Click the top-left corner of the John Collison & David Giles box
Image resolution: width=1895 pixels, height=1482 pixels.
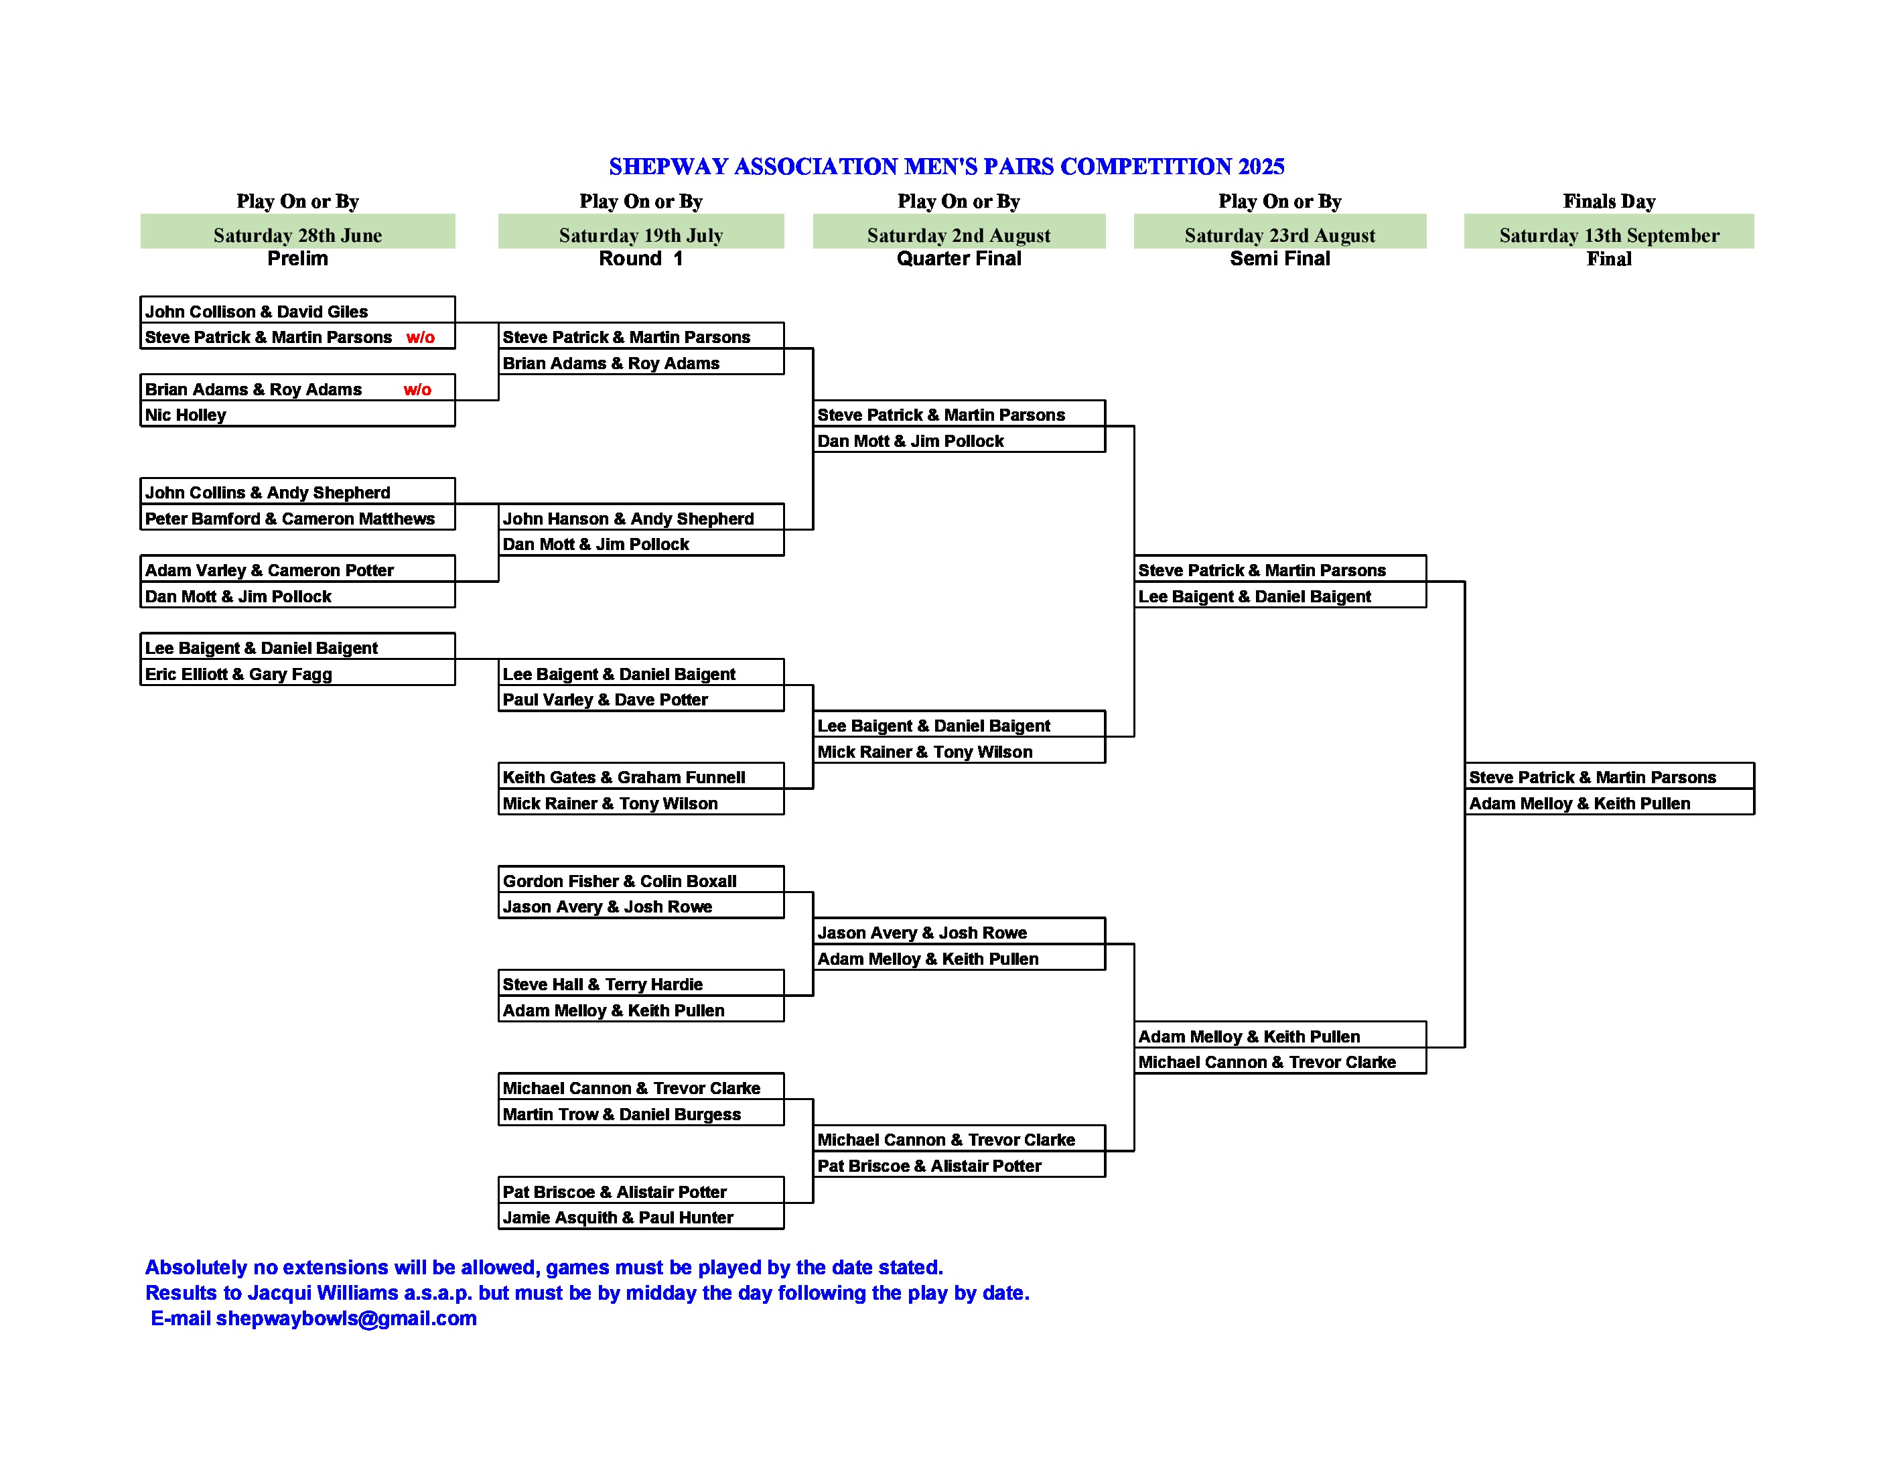tap(141, 297)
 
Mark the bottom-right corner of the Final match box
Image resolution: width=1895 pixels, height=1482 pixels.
tap(1754, 814)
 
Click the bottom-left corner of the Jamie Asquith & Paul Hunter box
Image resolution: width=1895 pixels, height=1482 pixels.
tap(499, 1229)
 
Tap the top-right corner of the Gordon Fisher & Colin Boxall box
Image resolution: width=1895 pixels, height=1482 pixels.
tap(784, 866)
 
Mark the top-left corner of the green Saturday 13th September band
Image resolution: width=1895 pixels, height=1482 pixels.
tap(1465, 214)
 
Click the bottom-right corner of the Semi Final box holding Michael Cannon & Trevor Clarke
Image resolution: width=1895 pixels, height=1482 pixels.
tap(1425, 1073)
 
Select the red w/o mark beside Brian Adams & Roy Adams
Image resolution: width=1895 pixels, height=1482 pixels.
tap(417, 389)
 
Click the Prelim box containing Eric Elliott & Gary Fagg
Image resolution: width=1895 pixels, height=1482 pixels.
tap(297, 673)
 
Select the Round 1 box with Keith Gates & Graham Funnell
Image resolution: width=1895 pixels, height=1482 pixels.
tap(641, 776)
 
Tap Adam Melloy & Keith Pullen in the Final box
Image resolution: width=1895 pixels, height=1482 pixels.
tap(1580, 803)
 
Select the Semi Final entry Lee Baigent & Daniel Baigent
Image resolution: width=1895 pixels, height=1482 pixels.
tap(1255, 597)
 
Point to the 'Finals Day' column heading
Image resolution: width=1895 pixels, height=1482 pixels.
tap(1609, 201)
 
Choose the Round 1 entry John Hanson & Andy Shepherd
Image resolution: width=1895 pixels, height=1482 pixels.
tap(628, 519)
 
